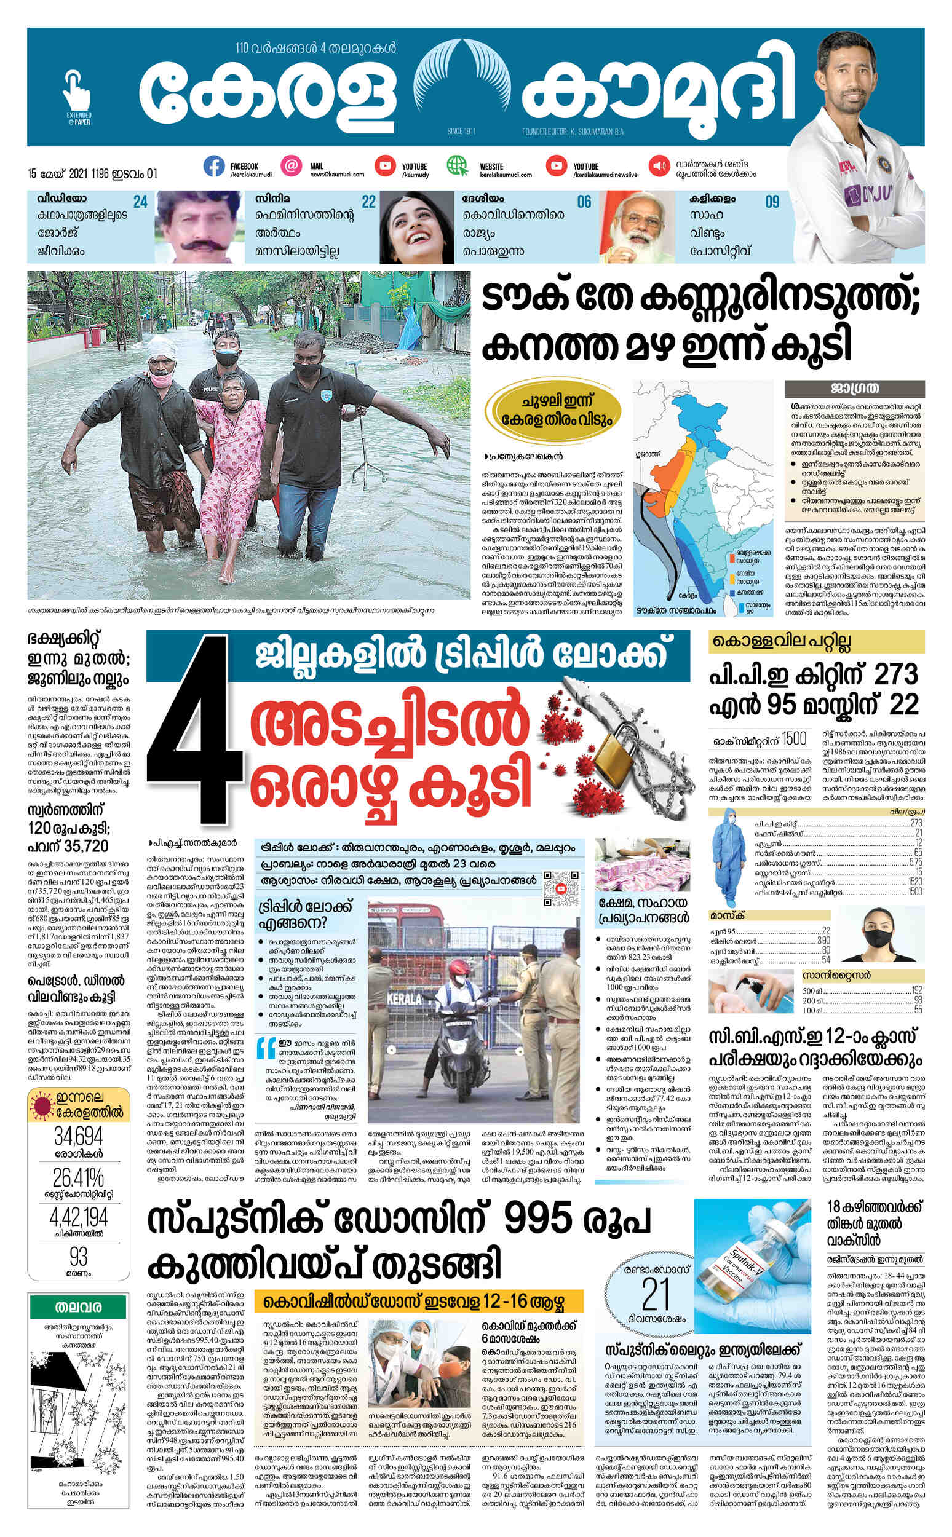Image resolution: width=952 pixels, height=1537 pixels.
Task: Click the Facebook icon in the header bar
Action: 214,167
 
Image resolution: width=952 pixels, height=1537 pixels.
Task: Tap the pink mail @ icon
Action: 291,167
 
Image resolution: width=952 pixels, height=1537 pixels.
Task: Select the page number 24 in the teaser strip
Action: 140,202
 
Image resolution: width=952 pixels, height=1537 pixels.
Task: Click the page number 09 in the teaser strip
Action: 772,202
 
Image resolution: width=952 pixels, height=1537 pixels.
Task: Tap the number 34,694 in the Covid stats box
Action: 79,1137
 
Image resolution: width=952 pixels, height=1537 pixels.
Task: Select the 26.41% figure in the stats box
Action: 79,1176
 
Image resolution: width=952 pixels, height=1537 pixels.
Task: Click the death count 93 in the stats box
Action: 79,1255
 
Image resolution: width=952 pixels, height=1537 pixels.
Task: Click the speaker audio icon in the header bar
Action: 660,167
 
